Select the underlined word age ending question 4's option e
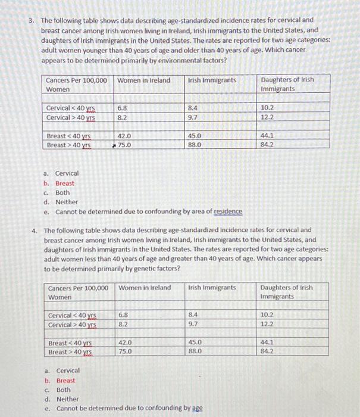(197, 408)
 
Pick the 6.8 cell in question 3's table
(122, 108)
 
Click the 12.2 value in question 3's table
(267, 117)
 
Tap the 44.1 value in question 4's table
(268, 343)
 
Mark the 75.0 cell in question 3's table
(124, 144)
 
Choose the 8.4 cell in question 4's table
(193, 315)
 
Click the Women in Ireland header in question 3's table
(143, 80)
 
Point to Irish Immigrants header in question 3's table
(211, 80)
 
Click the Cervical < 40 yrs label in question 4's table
(72, 315)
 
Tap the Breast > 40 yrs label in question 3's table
(69, 145)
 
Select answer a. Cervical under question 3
(66, 173)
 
